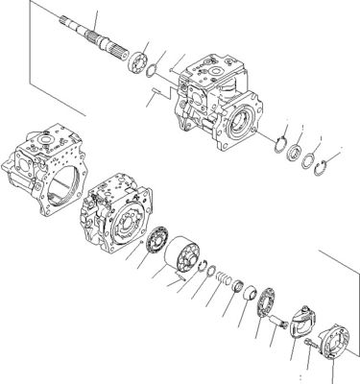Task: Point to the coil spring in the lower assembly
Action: [x=228, y=283]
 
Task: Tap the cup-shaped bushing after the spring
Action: [x=247, y=295]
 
